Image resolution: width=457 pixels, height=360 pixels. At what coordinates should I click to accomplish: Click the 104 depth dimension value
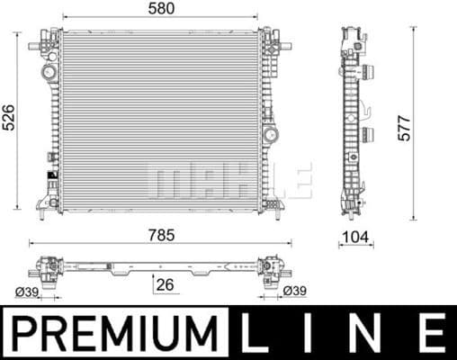click(354, 238)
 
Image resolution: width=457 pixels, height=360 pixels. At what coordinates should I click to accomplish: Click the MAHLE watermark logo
click(229, 180)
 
